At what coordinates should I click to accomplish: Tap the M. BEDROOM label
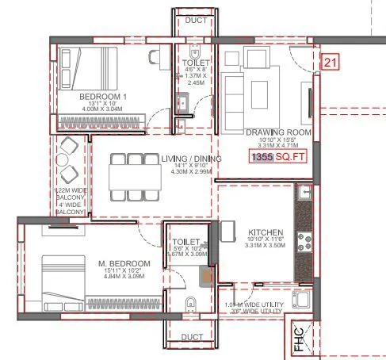125,263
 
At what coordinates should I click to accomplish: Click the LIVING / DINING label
190,159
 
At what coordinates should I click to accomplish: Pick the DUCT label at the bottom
192,337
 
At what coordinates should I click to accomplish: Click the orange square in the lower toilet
205,277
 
